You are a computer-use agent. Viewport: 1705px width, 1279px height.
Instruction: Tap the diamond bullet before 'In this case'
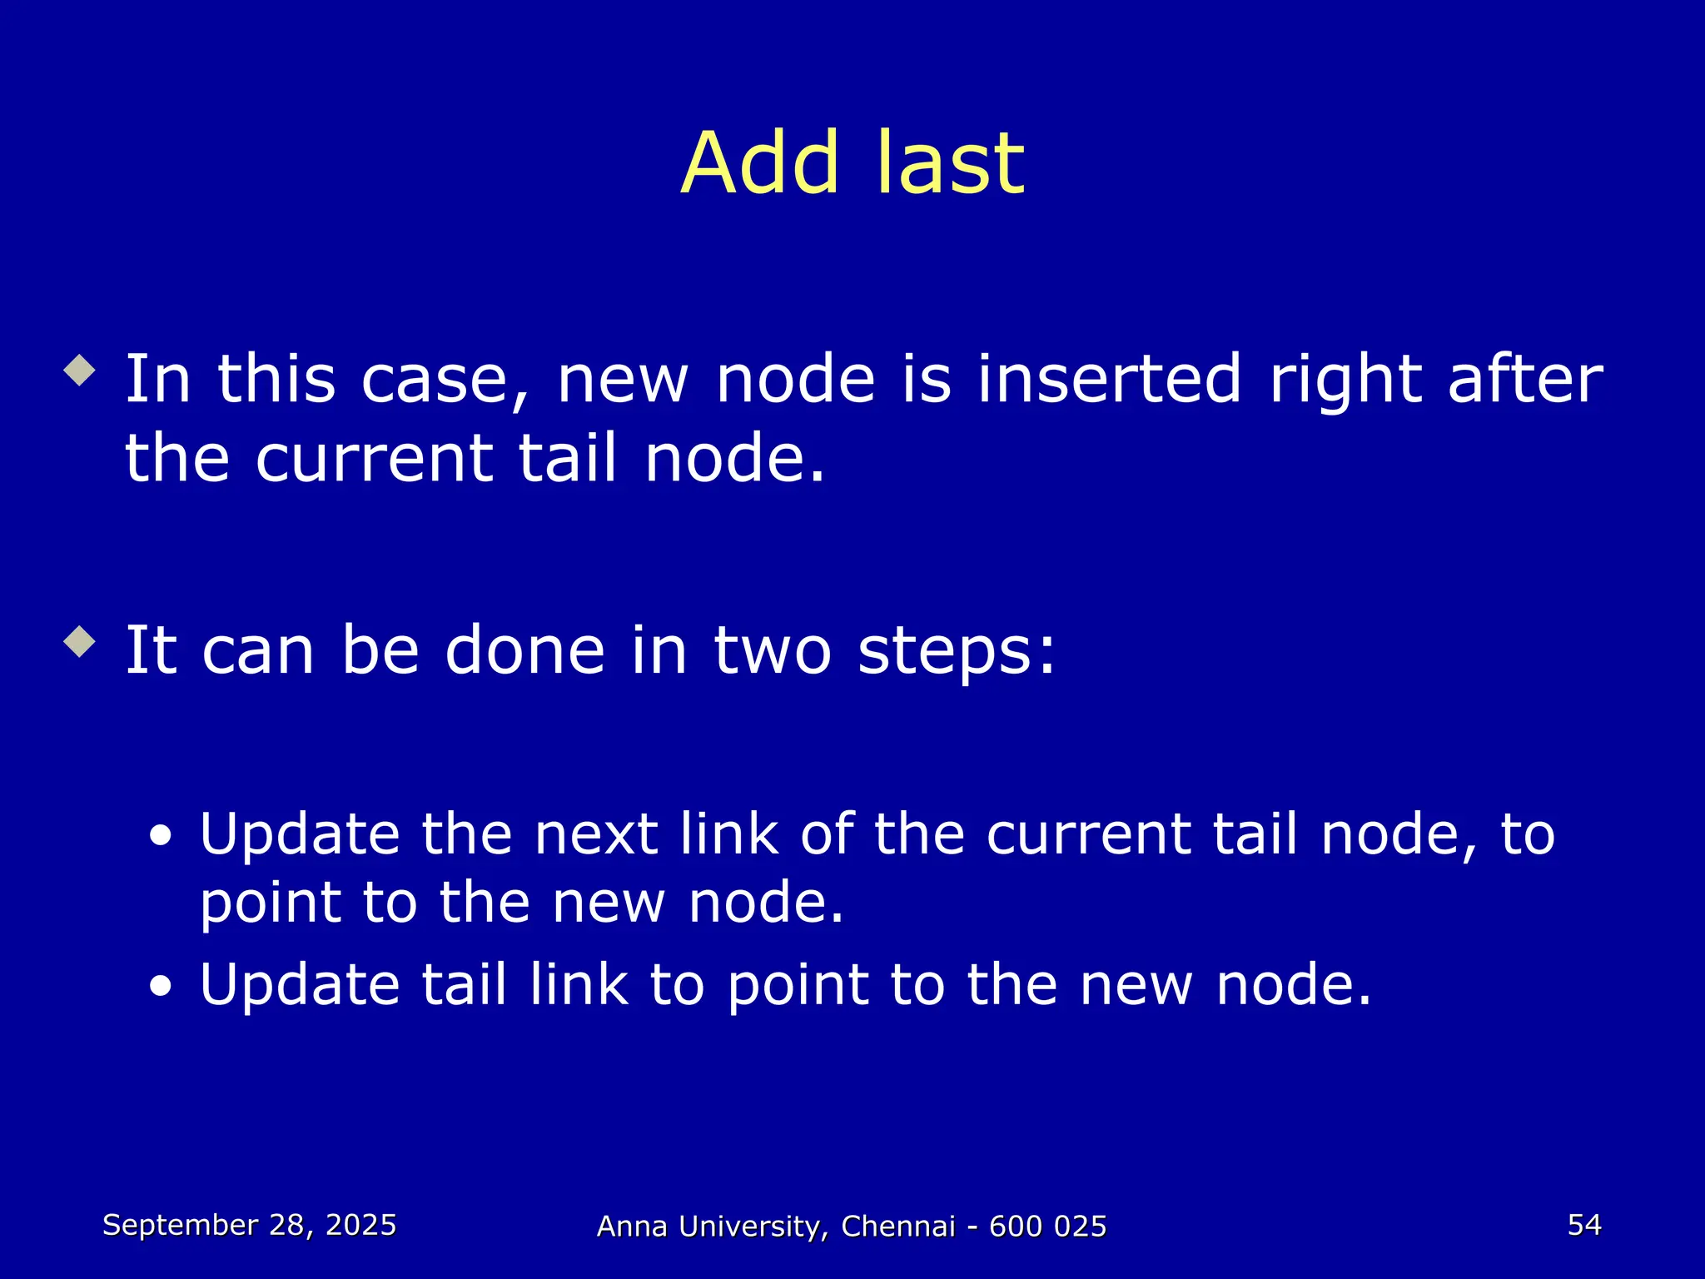click(x=80, y=370)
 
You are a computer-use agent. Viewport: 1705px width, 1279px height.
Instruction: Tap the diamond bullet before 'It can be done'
click(x=80, y=641)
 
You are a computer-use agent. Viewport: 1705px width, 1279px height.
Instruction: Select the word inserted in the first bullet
click(x=1109, y=379)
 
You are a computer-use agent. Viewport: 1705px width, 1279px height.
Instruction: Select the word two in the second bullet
click(x=772, y=650)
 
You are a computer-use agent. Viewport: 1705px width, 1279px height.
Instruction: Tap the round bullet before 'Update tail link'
click(x=162, y=987)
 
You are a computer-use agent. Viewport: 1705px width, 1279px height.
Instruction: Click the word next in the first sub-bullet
click(x=598, y=834)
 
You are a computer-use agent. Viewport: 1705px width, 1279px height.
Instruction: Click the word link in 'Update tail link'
click(x=579, y=984)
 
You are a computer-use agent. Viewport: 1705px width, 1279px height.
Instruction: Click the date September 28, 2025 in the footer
click(x=250, y=1225)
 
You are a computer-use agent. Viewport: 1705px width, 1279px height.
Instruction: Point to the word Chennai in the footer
click(x=897, y=1227)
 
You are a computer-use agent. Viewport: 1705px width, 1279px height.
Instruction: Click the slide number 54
click(x=1583, y=1225)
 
